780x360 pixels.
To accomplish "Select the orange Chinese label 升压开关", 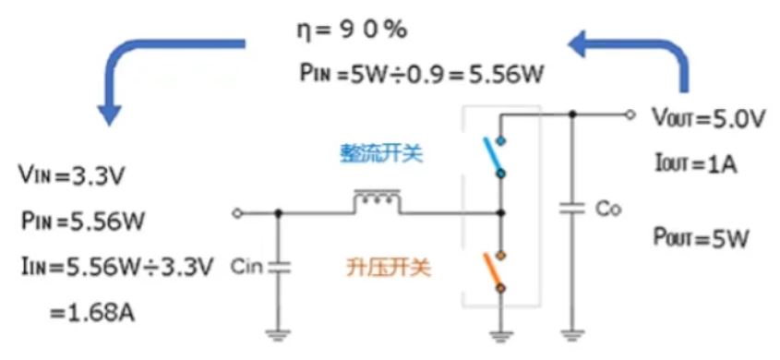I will (x=380, y=270).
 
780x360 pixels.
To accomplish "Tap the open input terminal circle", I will (x=238, y=213).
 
